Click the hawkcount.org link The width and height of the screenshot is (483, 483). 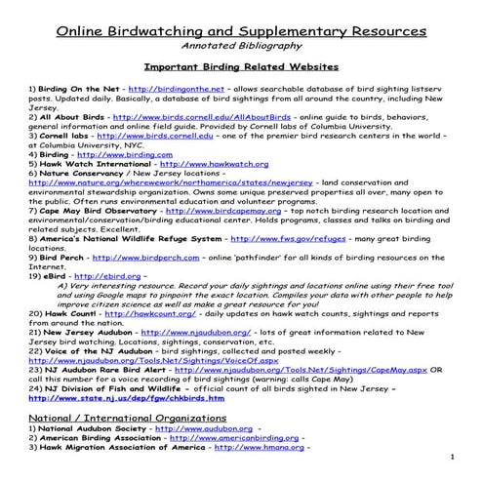[128, 312]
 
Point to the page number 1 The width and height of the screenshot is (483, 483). [454, 458]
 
